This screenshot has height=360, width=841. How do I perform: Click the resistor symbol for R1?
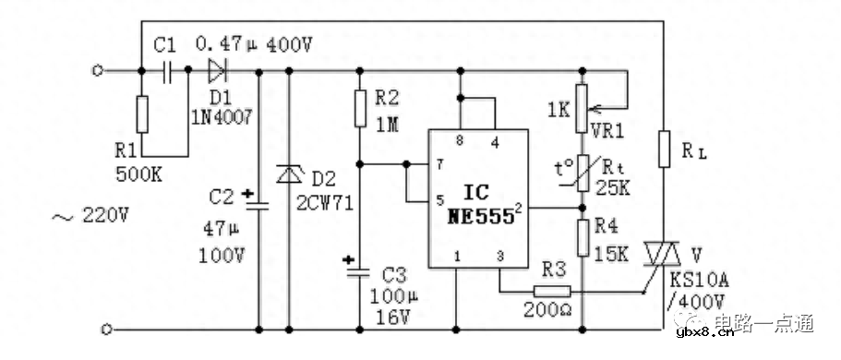pyautogui.click(x=141, y=114)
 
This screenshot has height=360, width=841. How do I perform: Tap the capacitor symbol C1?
pyautogui.click(x=167, y=69)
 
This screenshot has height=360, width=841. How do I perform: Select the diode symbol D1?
pyautogui.click(x=218, y=69)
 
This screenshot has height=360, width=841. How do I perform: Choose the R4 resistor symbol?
pyautogui.click(x=583, y=237)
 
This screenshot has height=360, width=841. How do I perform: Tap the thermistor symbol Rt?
pyautogui.click(x=583, y=174)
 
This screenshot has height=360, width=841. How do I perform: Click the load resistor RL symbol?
pyautogui.click(x=663, y=148)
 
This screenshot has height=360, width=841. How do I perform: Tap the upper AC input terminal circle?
pyautogui.click(x=104, y=69)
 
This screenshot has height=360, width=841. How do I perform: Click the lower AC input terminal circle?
pyautogui.click(x=104, y=328)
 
